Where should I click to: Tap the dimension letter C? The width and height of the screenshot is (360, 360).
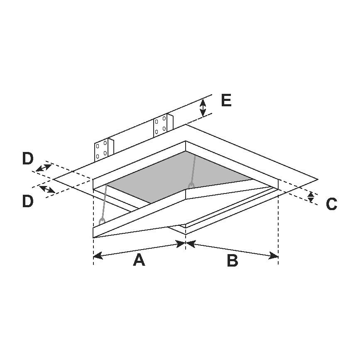tap(331, 204)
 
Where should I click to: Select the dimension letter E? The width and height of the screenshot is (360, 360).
tap(226, 100)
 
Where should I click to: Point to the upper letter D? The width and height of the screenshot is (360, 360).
tap(28, 159)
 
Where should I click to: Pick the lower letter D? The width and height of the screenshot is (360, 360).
tap(28, 201)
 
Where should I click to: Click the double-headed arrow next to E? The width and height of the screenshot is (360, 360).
tap(203, 108)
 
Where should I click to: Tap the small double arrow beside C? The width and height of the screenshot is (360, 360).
tap(311, 197)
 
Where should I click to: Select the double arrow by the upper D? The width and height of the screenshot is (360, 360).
tap(44, 168)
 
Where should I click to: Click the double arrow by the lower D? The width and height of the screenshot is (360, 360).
tap(47, 189)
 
